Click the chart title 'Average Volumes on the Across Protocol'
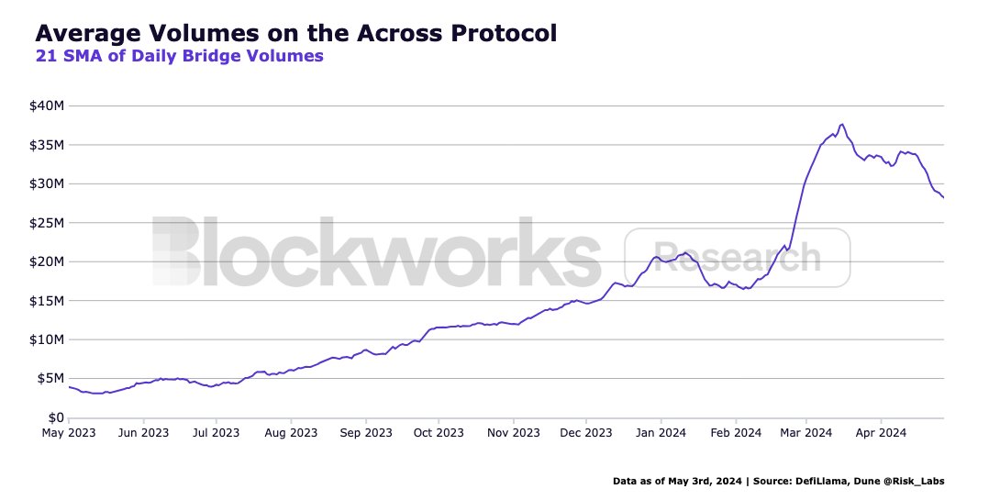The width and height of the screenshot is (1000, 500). pos(295,34)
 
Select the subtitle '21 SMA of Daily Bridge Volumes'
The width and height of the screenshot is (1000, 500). pos(179,57)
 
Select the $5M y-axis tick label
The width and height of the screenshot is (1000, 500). pos(50,378)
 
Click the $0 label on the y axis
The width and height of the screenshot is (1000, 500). pos(56,417)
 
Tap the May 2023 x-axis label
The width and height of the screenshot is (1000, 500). pos(69,432)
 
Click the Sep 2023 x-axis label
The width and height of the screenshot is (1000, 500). pos(365,432)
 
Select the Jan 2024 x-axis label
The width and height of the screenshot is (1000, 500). pos(660,432)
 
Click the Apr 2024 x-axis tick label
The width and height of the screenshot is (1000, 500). pos(880,432)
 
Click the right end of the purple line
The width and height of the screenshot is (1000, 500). pos(943,197)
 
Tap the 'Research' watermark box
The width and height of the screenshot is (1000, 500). pos(737,257)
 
